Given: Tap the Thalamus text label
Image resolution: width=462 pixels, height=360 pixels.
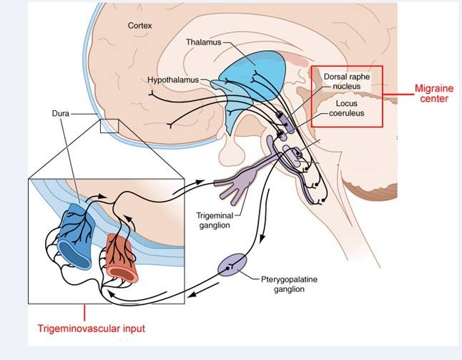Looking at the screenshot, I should pos(204,42).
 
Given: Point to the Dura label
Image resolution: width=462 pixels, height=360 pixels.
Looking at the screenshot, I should pos(62,114).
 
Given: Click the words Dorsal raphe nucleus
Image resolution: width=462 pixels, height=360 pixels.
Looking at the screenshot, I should pos(347,80).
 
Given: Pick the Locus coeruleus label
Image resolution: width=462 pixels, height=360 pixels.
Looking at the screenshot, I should pos(347,108).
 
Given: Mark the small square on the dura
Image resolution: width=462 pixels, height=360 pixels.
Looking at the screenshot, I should pos(108,126).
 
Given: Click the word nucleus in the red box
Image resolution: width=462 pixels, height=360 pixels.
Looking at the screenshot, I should pos(347,86).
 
